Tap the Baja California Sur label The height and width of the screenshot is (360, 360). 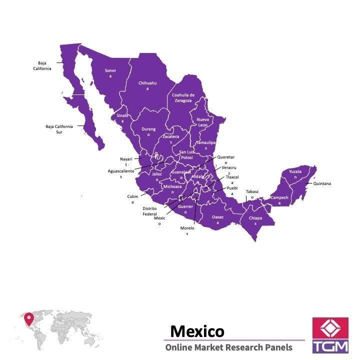59,129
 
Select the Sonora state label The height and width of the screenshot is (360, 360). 110,73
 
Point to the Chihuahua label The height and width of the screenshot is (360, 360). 147,85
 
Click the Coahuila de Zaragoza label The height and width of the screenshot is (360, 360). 183,97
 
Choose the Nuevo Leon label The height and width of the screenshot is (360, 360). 202,122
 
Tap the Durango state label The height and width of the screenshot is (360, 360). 148,131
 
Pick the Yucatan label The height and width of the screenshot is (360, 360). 295,174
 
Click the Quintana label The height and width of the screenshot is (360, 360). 322,183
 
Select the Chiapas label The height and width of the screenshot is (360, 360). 255,220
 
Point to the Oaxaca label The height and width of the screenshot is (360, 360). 218,219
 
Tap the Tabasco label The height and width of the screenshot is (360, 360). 252,194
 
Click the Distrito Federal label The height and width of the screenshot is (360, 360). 149,211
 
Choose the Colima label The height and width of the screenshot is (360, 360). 132,199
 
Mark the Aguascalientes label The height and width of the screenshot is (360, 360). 121,173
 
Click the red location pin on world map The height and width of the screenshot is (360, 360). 29,317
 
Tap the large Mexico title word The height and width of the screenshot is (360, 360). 197,331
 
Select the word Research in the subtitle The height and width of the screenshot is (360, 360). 241,347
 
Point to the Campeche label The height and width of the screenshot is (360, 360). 279,200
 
